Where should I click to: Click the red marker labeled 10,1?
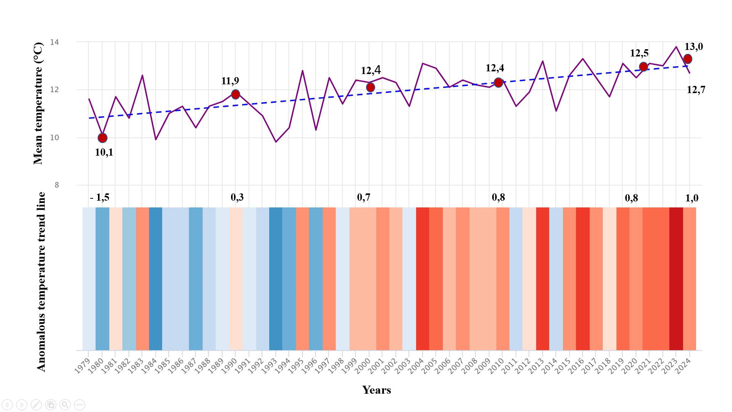pos(103,138)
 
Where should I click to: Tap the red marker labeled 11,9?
pos(236,94)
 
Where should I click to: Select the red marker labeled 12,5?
pos(644,67)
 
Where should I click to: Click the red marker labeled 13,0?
pos(688,59)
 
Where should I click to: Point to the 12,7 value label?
pos(696,90)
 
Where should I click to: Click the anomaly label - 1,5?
pos(100,198)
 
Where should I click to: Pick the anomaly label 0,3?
pos(237,197)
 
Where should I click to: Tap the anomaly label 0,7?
pos(363,197)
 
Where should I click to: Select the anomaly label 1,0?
pos(692,198)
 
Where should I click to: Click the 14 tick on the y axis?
pos(55,42)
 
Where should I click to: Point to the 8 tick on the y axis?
pos(57,185)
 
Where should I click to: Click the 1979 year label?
pos(82,366)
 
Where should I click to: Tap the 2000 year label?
pos(363,366)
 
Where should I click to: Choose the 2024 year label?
pos(683,366)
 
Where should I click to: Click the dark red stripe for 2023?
pos(676,278)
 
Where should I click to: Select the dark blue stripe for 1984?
pos(156,278)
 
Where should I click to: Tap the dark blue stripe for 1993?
pos(276,278)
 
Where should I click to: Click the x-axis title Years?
pos(377,390)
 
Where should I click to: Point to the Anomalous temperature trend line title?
pos(41,282)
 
